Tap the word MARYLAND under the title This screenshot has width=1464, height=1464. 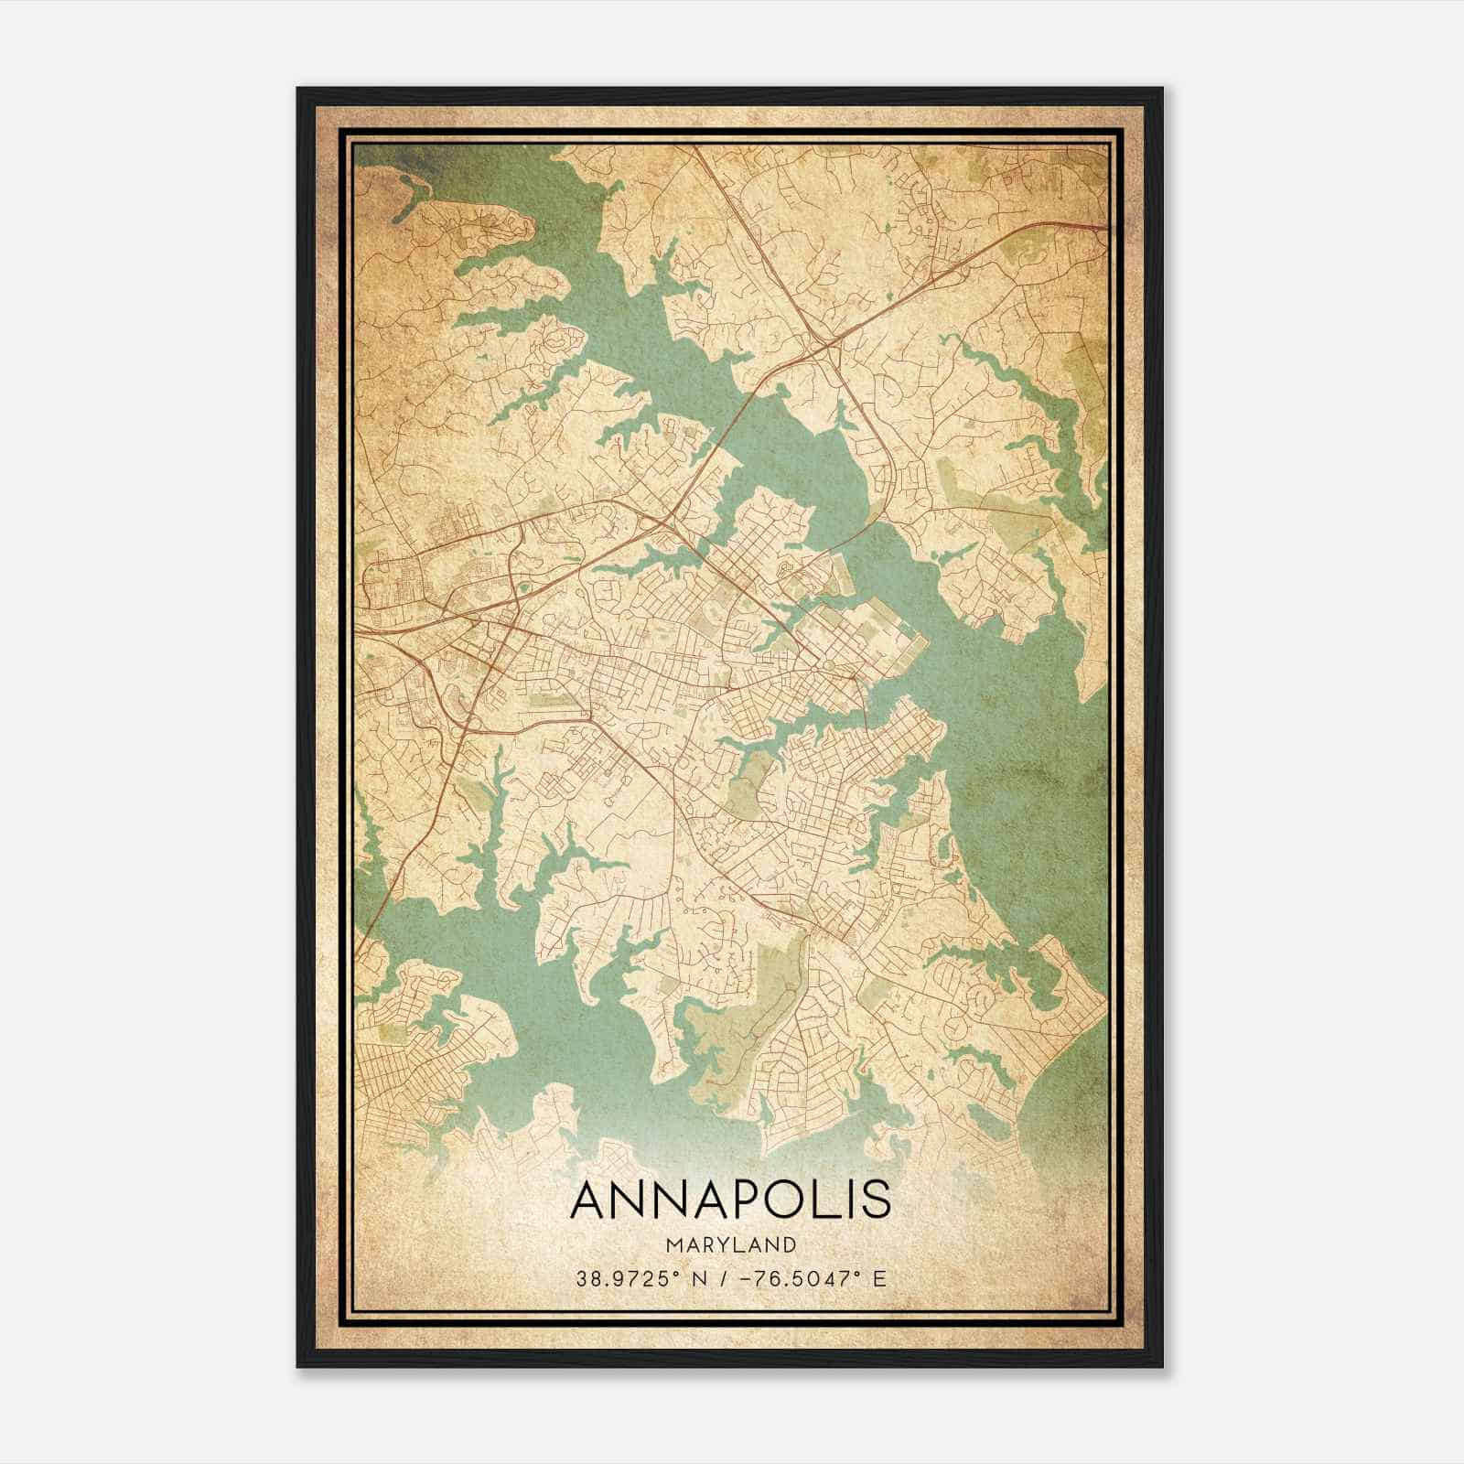pos(730,1244)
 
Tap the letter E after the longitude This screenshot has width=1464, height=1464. pos(879,1278)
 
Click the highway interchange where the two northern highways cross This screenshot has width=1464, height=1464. pos(826,345)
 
